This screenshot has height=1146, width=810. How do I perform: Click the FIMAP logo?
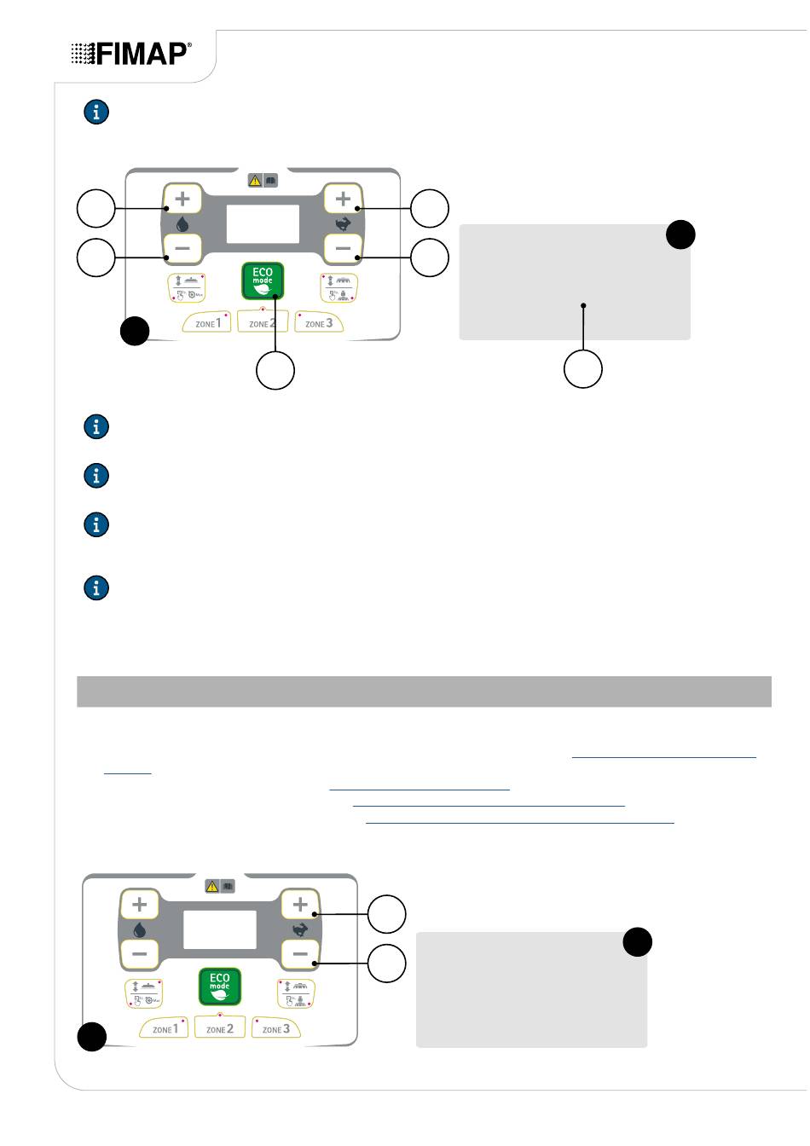click(x=131, y=54)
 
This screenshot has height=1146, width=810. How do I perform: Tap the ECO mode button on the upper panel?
click(x=263, y=281)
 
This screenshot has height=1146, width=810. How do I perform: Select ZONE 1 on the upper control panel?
click(x=207, y=322)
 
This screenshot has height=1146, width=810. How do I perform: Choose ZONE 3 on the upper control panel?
click(x=318, y=322)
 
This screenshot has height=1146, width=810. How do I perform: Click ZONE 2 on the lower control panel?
click(x=220, y=1027)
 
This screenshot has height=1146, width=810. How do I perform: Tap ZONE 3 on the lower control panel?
click(x=275, y=1027)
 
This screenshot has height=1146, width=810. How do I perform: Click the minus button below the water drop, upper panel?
click(x=182, y=248)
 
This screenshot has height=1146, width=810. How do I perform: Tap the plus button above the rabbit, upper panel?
click(x=344, y=199)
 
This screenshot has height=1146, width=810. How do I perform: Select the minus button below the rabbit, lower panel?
click(x=300, y=953)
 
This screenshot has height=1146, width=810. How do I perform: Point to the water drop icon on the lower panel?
click(x=139, y=929)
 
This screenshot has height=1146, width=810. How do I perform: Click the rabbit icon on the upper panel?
click(x=344, y=223)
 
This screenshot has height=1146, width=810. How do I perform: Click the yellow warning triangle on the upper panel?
click(x=255, y=180)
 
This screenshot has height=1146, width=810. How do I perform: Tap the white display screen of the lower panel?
click(x=220, y=929)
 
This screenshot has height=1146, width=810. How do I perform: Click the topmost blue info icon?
click(x=96, y=112)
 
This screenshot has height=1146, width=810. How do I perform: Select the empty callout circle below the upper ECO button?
click(x=275, y=370)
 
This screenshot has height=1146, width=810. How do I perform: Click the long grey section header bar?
click(x=424, y=692)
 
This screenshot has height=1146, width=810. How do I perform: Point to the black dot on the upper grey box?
click(x=680, y=234)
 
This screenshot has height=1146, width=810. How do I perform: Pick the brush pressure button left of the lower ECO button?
click(x=144, y=993)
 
